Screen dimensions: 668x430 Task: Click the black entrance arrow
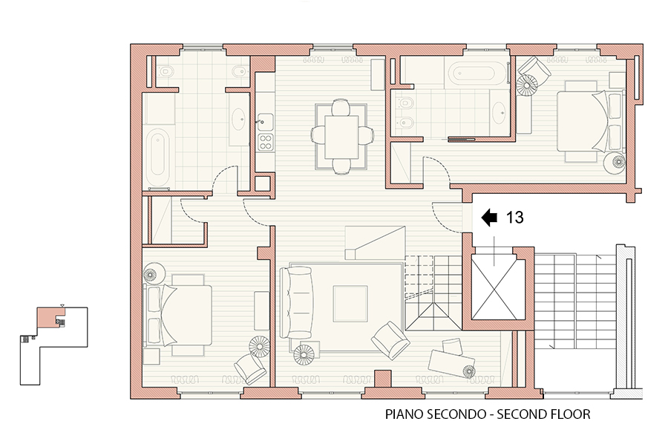[x=489, y=218]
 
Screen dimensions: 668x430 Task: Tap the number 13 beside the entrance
[x=514, y=218]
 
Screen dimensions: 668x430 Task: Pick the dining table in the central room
[x=341, y=137]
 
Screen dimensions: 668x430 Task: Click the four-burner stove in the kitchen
[x=266, y=142]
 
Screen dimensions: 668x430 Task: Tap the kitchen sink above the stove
[x=265, y=122]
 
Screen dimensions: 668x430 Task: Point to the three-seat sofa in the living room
[x=296, y=302]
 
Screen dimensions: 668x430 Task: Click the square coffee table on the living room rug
[x=350, y=304]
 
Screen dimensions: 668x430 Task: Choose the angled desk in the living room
[x=451, y=364]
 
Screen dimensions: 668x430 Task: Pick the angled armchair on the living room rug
[x=390, y=340]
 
